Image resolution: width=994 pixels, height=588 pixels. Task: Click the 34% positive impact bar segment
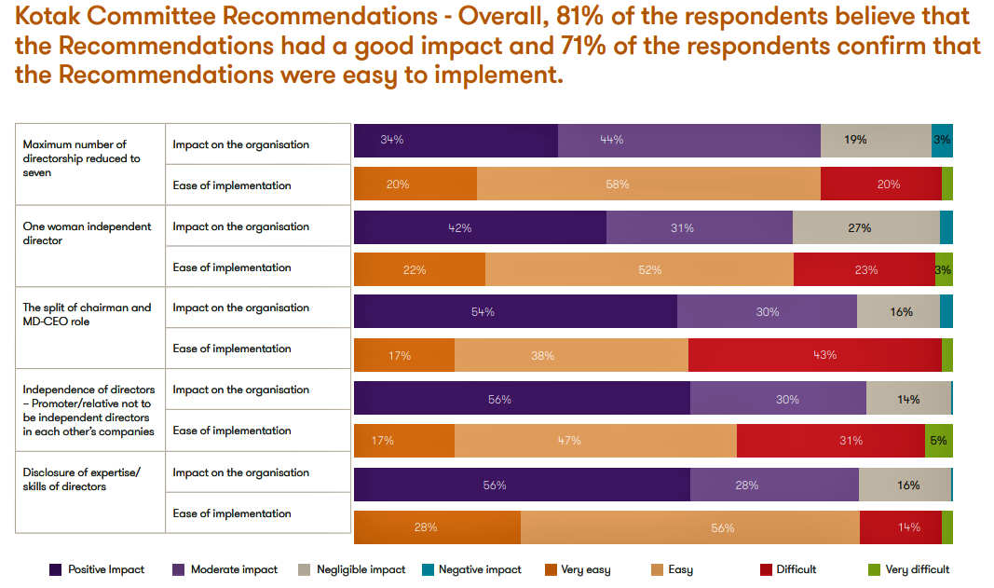pyautogui.click(x=456, y=140)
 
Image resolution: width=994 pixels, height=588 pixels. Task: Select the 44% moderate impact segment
pyautogui.click(x=688, y=140)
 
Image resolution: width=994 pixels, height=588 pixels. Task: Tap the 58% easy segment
pyautogui.click(x=648, y=185)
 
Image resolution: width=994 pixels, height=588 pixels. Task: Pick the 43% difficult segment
pyautogui.click(x=814, y=355)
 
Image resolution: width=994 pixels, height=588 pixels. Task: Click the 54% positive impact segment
pyautogui.click(x=515, y=312)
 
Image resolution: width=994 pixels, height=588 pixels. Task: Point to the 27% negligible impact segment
pyautogui.click(x=865, y=227)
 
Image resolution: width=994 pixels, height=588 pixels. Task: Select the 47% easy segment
pyautogui.click(x=595, y=441)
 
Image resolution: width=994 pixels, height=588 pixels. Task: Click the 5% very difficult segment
pyautogui.click(x=938, y=441)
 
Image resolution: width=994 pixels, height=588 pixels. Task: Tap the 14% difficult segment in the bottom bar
pyautogui.click(x=900, y=527)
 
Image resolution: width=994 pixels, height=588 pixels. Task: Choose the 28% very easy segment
pyautogui.click(x=437, y=527)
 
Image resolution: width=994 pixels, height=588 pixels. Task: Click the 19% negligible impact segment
pyautogui.click(x=875, y=140)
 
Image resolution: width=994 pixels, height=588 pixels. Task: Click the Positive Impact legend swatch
pyautogui.click(x=56, y=569)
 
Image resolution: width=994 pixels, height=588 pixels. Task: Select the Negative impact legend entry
pyautogui.click(x=479, y=569)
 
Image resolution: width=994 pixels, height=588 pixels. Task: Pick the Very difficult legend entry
pyautogui.click(x=917, y=569)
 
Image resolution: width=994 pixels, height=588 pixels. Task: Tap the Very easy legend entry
pyautogui.click(x=585, y=569)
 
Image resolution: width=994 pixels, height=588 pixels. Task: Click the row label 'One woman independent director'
pyautogui.click(x=87, y=233)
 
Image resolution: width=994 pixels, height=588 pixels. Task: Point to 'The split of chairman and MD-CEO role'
pyautogui.click(x=87, y=314)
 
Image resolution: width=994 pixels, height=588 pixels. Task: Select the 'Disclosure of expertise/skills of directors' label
pyautogui.click(x=81, y=479)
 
